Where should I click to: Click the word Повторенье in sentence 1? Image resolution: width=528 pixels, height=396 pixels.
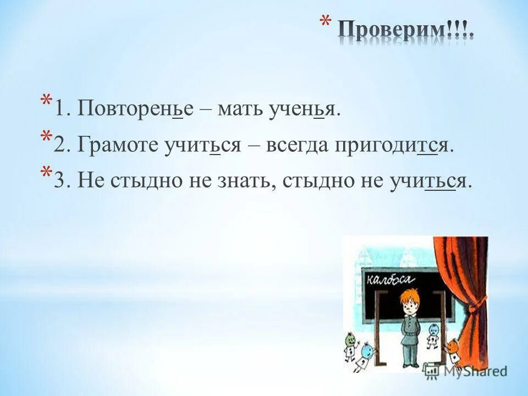(x=135, y=108)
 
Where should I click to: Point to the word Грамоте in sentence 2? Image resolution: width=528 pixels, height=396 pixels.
(x=119, y=145)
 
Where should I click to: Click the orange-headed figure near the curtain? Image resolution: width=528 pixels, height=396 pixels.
(x=454, y=346)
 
